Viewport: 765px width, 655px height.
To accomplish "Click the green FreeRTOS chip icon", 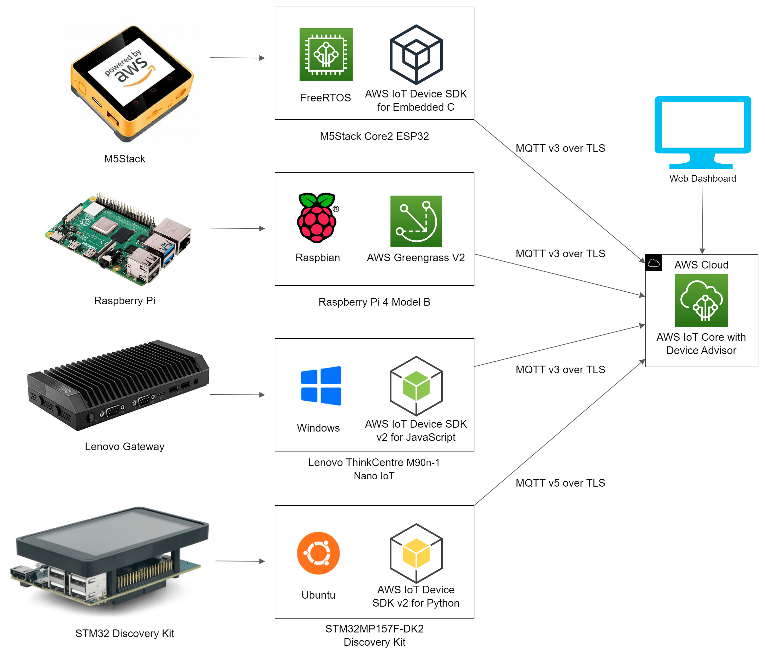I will [x=326, y=55].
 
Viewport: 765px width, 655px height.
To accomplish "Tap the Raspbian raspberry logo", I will [x=317, y=218].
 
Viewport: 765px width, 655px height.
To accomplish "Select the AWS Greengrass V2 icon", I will [x=416, y=221].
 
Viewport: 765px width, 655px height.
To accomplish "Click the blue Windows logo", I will [x=321, y=386].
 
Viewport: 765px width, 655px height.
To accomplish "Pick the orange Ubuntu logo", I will [x=318, y=553].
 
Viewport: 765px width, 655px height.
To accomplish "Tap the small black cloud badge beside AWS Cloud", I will [x=653, y=263].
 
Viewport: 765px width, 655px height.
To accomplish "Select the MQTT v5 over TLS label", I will [x=560, y=483].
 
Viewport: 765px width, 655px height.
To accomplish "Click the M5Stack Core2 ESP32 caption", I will [x=374, y=136].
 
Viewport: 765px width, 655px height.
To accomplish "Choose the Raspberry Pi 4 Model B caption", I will [x=374, y=302].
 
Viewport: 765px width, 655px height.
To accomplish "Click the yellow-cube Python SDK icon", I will [x=416, y=553].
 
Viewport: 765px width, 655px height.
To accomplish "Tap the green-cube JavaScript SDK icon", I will [x=416, y=386].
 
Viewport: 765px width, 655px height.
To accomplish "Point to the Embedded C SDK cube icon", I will [x=416, y=55].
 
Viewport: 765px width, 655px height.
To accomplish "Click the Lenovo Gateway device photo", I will [x=118, y=386].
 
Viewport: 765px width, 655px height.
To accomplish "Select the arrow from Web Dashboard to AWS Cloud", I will [x=702, y=219].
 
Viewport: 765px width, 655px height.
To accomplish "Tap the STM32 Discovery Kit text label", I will [x=124, y=633].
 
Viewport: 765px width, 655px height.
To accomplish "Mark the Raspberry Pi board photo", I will [x=118, y=238].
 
